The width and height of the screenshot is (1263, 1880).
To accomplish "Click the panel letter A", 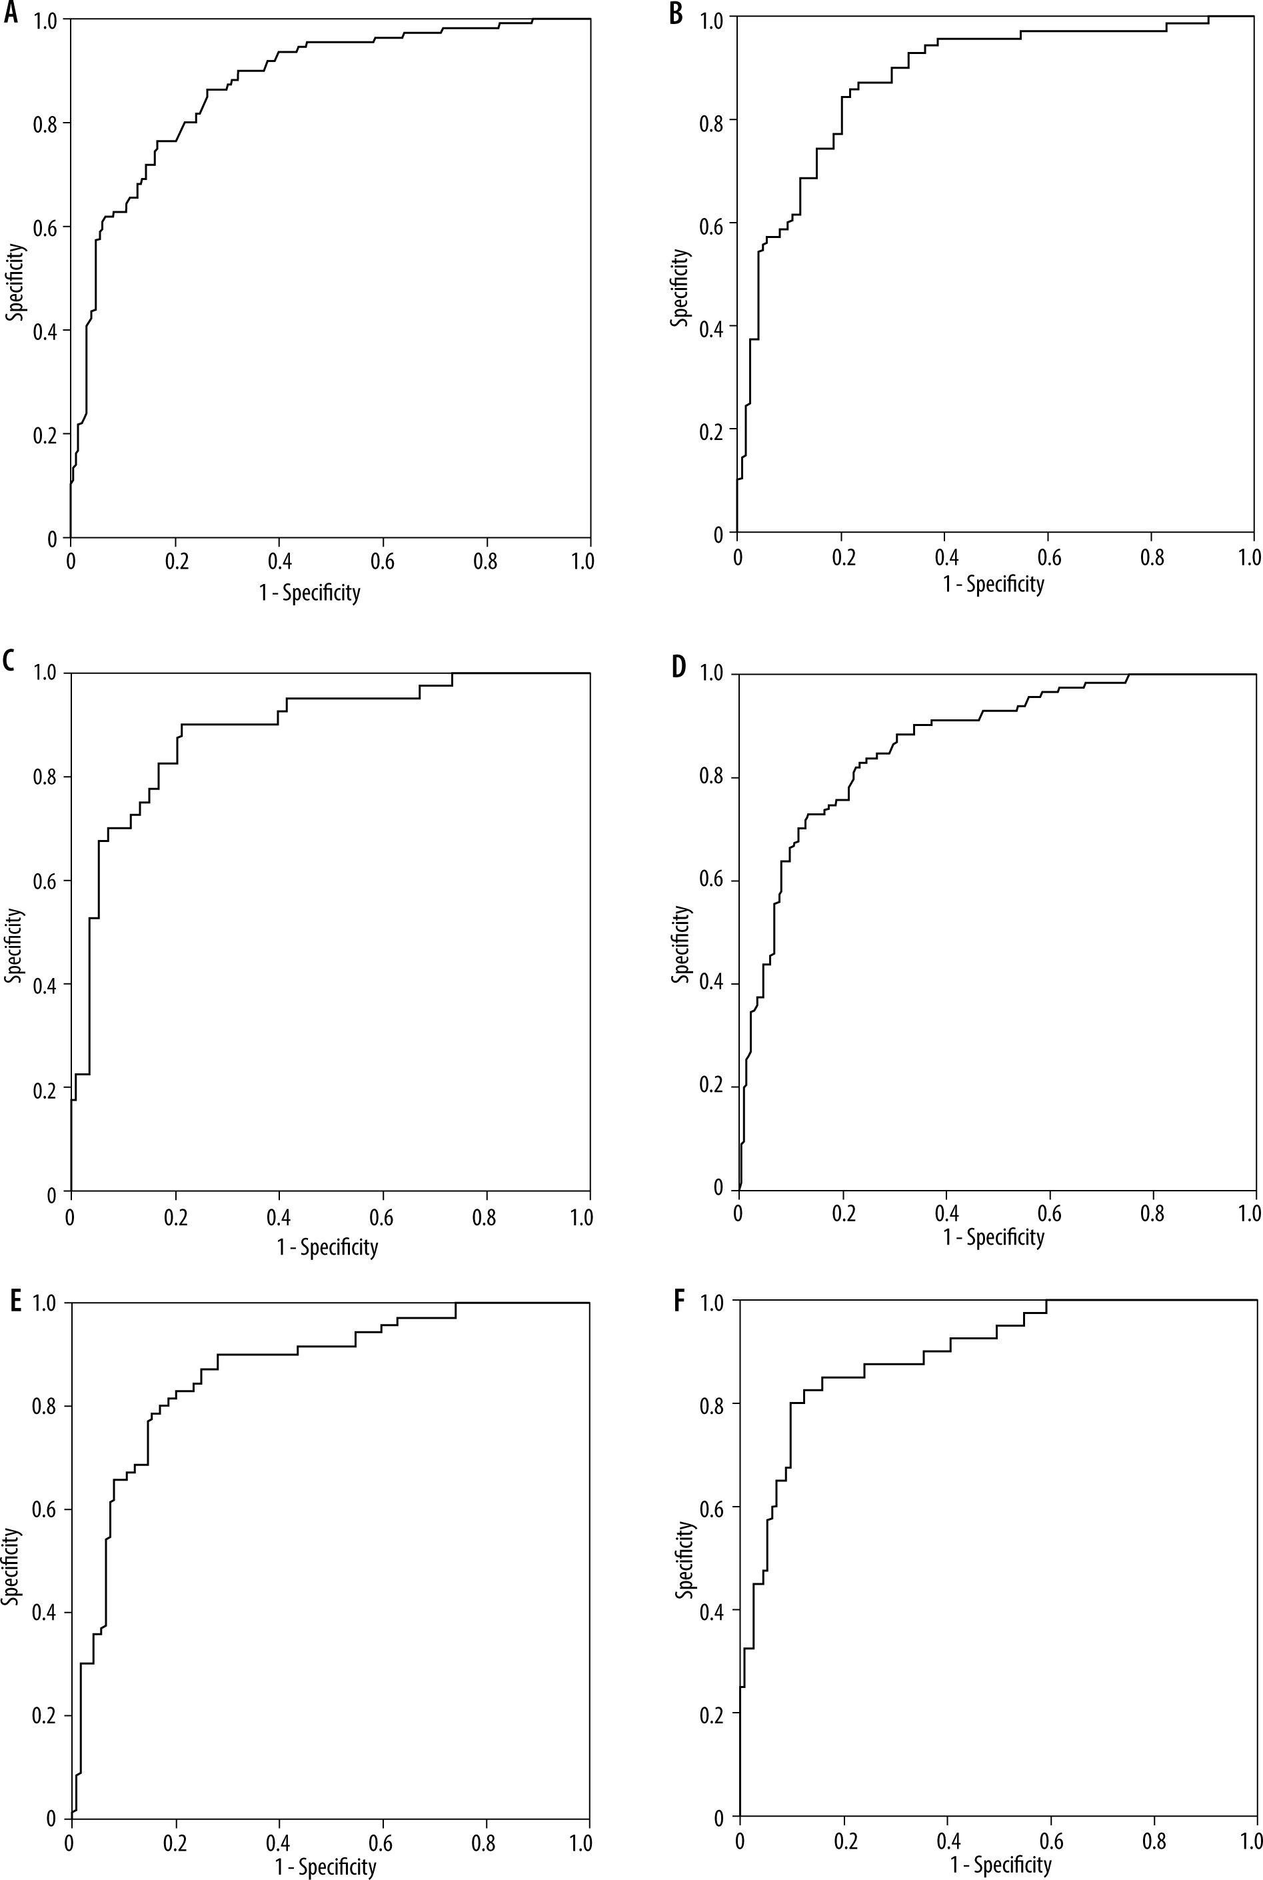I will [10, 15].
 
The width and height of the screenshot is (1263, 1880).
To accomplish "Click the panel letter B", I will [676, 15].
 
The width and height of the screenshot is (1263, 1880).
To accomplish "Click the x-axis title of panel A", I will [309, 593].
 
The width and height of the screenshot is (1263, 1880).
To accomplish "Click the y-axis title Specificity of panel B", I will [680, 287].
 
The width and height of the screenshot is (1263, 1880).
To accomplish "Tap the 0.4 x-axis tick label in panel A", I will [279, 561].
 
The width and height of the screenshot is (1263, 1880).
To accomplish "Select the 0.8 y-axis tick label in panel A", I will [46, 123].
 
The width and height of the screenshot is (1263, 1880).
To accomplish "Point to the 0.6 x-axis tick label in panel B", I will [1049, 557].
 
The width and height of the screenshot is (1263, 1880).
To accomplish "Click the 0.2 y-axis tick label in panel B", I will [712, 430].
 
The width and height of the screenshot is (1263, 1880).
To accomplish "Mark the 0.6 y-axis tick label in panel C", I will [45, 881].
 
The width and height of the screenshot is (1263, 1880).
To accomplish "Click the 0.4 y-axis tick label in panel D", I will [712, 984].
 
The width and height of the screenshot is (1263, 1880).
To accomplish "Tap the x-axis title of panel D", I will [993, 1237].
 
